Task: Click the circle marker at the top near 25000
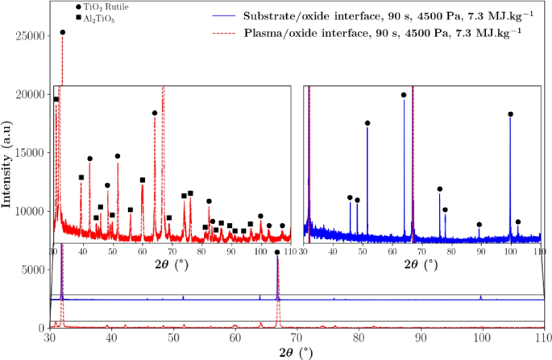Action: point(63,32)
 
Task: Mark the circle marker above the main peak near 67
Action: point(277,252)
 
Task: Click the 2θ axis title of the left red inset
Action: point(168,263)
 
